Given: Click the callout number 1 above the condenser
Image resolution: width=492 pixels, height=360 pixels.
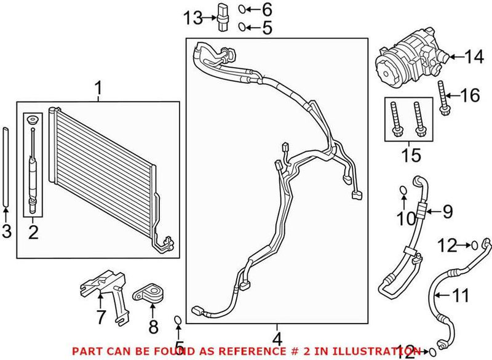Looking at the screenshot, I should click(98, 90).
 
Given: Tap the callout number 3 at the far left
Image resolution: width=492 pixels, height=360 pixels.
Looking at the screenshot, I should click(6, 232).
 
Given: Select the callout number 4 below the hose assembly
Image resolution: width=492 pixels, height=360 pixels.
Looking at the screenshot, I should click(277, 338).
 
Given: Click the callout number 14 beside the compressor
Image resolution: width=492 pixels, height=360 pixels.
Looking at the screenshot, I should click(474, 58).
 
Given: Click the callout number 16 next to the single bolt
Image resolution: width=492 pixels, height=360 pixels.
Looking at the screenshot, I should click(469, 95).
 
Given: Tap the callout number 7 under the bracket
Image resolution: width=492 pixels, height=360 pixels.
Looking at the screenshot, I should click(101, 318).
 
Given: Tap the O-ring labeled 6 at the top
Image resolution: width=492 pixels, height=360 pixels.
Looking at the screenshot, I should click(243, 9).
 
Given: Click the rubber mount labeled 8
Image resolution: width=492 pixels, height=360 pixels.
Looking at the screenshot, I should click(149, 294).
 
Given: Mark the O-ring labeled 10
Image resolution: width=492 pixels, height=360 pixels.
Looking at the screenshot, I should click(402, 190).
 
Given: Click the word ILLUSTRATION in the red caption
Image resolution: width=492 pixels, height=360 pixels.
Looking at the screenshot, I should click(378, 351).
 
